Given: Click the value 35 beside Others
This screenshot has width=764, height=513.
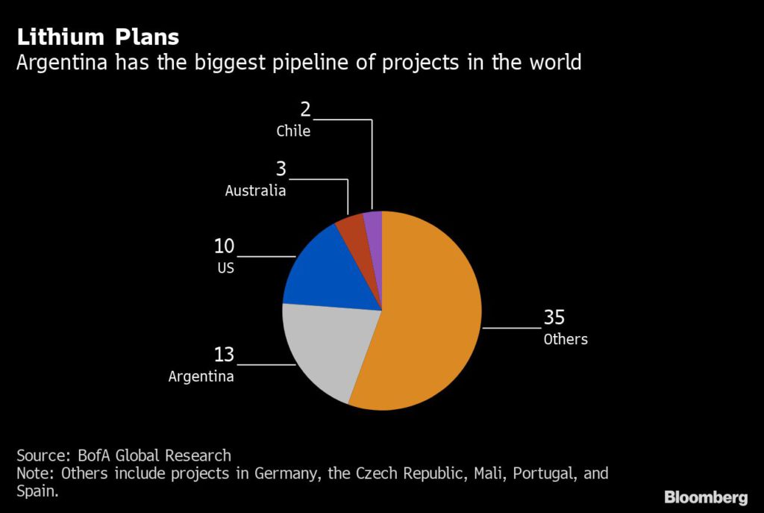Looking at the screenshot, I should point(554,318).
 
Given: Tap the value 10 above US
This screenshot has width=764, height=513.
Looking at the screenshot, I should point(224,246).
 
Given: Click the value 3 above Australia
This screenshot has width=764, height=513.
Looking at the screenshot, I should point(281,170).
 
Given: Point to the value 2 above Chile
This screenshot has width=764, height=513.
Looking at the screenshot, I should point(305,110).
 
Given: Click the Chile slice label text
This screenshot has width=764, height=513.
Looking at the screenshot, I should point(293,131).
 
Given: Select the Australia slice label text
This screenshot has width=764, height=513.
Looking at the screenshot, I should point(255,191).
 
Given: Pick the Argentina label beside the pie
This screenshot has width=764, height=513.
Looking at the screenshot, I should point(201,376).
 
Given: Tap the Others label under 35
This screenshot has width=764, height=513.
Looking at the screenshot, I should point(566,340).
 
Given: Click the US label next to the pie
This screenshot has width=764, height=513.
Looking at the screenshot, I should point(225,267).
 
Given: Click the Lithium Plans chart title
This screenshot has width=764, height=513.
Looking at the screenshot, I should point(98,37).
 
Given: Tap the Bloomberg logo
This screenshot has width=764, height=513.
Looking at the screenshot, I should point(706,497).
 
